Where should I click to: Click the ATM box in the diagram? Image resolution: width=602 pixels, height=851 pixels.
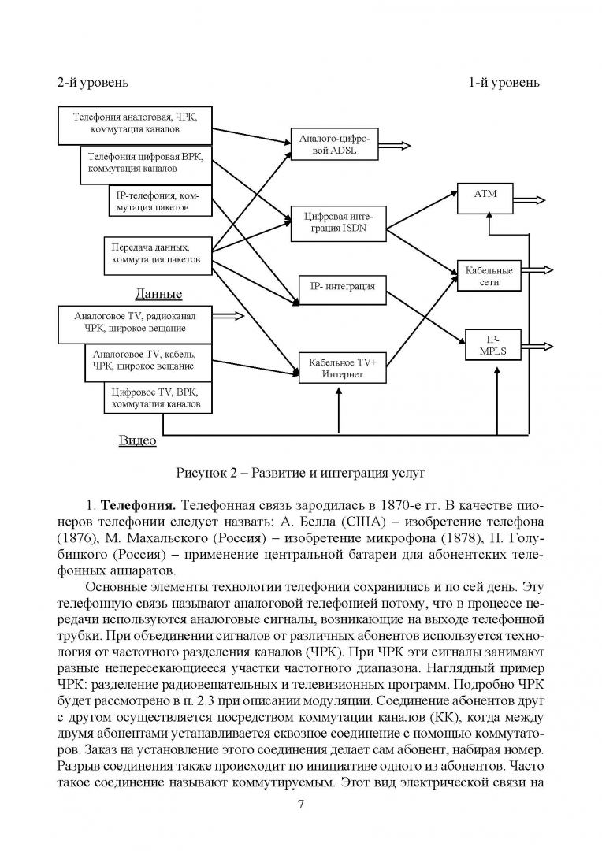[x=485, y=198]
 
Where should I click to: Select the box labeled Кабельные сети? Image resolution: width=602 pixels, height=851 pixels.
[x=489, y=276]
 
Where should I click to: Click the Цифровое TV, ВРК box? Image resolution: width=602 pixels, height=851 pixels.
[x=158, y=397]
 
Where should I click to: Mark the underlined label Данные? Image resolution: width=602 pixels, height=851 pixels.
[x=158, y=294]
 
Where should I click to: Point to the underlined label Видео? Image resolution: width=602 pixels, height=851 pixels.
[x=138, y=440]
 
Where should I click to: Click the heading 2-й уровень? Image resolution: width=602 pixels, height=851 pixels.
[x=92, y=82]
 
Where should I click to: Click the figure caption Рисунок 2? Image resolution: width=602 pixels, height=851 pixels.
[x=300, y=473]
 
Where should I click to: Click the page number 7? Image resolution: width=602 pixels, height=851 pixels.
[x=301, y=804]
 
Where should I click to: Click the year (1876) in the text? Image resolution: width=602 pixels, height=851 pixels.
[x=76, y=539]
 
